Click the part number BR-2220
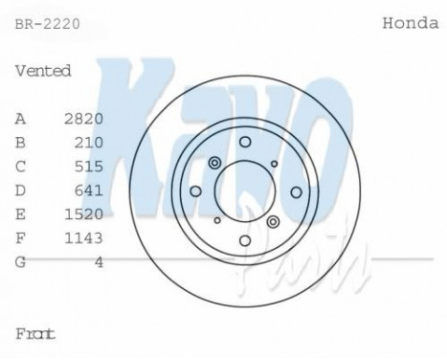coord(45,20)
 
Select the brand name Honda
coord(410,20)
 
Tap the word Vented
coord(43,71)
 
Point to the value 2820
coord(82,119)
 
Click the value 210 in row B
coord(89,143)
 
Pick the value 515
coord(89,166)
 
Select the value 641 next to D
coord(89,190)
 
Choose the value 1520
coord(82,213)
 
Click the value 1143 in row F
coord(82,236)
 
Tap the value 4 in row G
coord(99,259)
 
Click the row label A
coord(20,119)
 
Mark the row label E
coord(20,213)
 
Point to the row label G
coord(20,259)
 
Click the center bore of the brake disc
coord(244,191)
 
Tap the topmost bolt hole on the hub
coord(244,142)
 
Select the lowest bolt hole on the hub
coord(244,239)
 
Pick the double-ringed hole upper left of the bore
coord(214,162)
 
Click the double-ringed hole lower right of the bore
coord(274,221)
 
